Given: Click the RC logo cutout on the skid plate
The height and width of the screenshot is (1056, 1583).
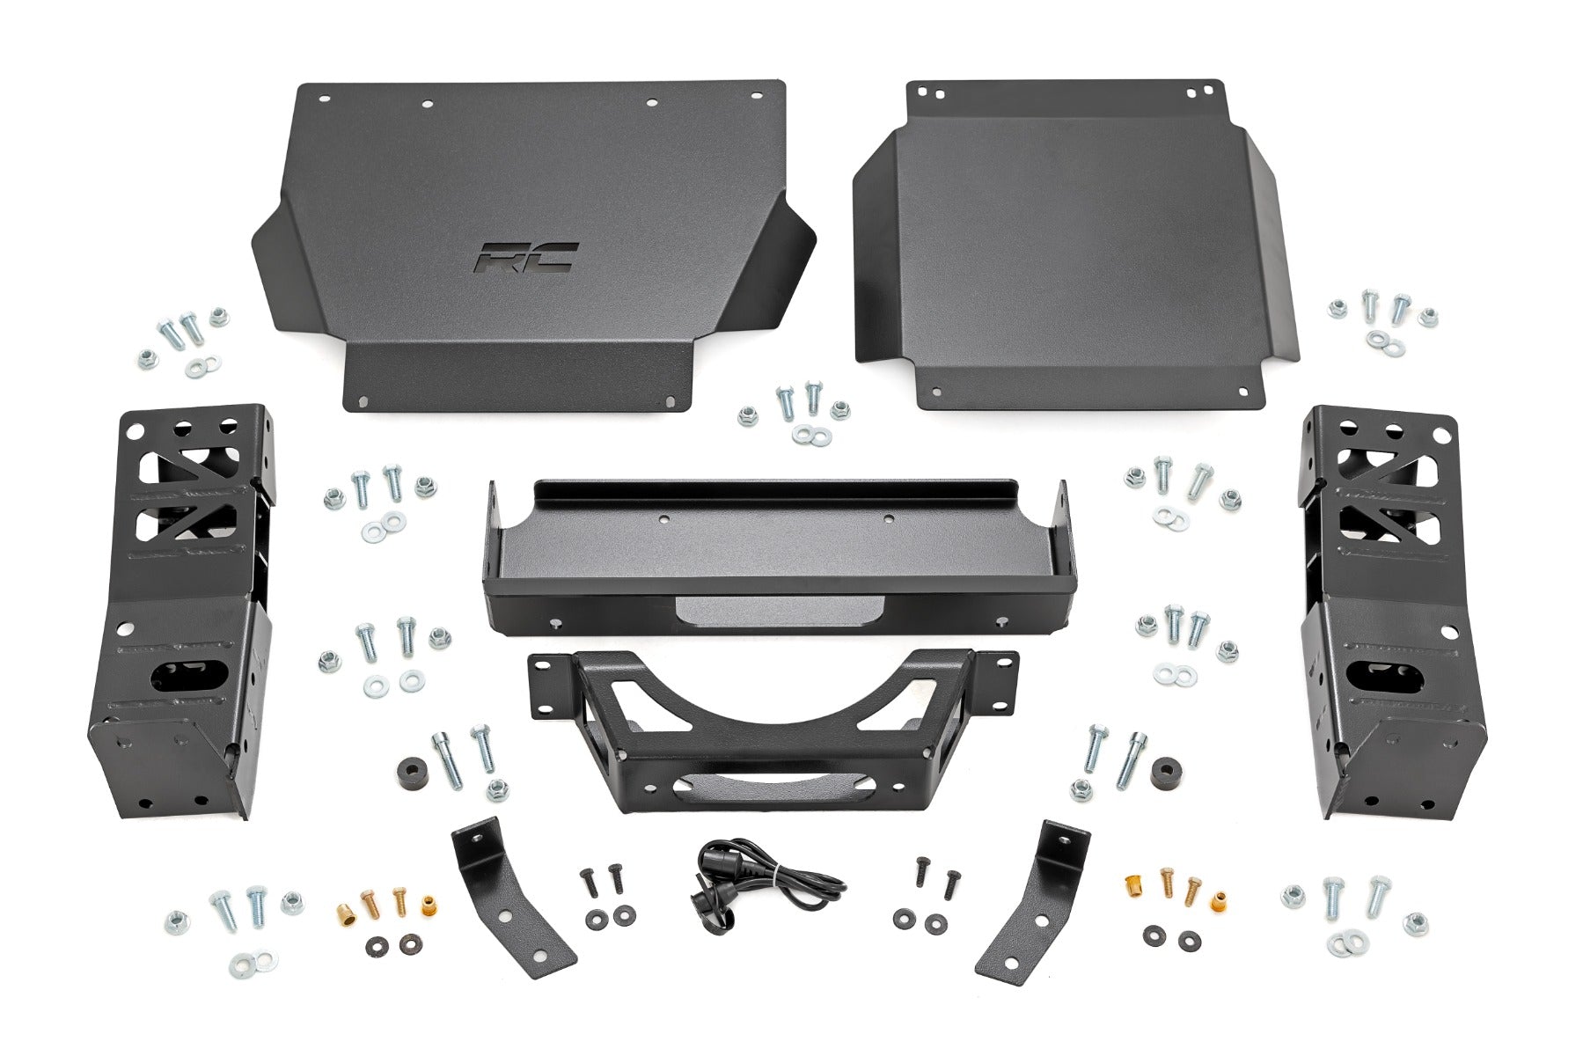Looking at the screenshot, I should pos(526,258).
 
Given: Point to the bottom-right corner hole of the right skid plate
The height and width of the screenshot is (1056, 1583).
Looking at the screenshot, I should pos(1242,393).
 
